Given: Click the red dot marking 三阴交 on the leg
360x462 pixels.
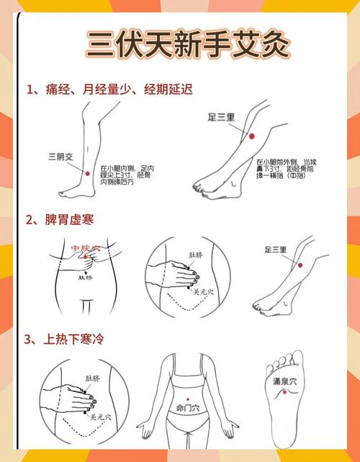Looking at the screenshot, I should (87, 173).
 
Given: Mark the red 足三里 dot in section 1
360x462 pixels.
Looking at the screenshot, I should (251, 136).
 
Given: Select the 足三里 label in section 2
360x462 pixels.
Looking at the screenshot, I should (275, 249).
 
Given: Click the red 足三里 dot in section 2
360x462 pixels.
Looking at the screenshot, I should (300, 265).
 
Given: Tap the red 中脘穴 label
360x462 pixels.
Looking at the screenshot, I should (85, 249).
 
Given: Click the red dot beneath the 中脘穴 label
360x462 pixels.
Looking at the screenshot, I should (85, 257).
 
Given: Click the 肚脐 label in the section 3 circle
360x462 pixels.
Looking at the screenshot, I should (92, 378).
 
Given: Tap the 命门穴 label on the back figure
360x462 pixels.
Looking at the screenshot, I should (187, 407).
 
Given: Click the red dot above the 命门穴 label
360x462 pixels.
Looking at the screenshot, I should (187, 398).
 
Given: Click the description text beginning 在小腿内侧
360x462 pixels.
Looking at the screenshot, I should (127, 174).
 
